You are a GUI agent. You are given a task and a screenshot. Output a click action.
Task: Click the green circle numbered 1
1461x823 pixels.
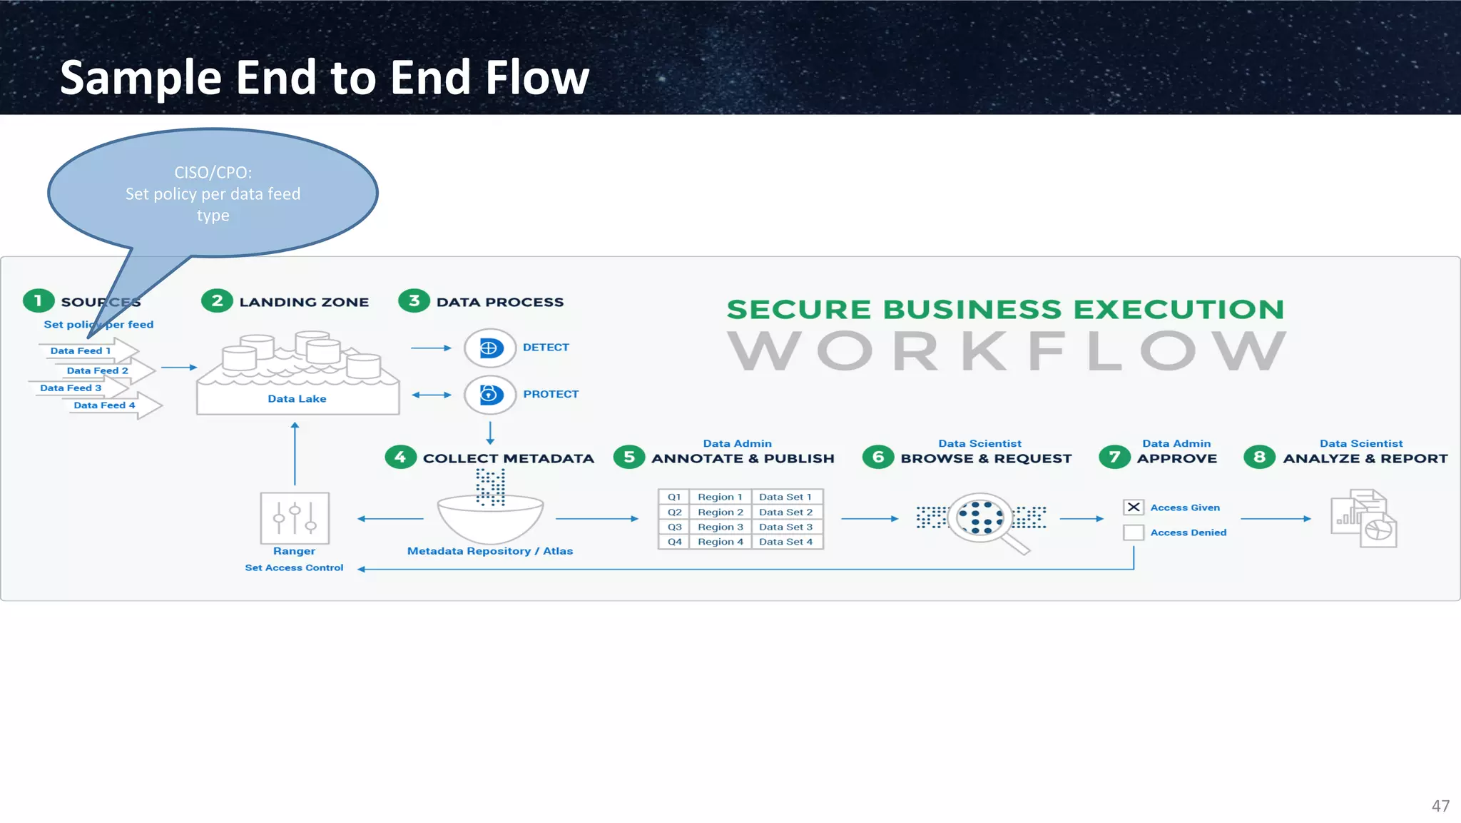click(x=39, y=301)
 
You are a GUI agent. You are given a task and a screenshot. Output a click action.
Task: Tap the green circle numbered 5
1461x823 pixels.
click(x=628, y=457)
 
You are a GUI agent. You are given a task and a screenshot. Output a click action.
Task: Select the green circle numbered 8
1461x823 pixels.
click(x=1259, y=457)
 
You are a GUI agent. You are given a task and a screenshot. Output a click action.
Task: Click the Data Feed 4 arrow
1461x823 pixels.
click(x=114, y=405)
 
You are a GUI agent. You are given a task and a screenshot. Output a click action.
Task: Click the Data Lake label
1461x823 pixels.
click(x=297, y=399)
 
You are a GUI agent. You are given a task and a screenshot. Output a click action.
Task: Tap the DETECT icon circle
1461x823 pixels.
click(x=489, y=348)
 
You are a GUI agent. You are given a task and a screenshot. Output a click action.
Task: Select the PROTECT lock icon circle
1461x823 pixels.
click(x=489, y=394)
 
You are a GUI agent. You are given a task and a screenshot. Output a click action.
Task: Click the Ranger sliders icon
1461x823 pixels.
click(x=295, y=518)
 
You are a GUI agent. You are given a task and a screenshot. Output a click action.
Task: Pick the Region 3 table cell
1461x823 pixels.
click(x=720, y=527)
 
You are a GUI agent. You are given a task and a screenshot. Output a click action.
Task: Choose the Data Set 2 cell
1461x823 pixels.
click(x=785, y=512)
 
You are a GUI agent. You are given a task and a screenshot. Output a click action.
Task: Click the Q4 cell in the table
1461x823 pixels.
click(x=674, y=542)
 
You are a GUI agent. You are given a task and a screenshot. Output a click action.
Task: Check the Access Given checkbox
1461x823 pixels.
click(x=1133, y=508)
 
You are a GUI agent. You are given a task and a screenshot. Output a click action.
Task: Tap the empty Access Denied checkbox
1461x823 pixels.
click(x=1133, y=532)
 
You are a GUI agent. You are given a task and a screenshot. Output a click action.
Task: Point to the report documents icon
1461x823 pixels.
click(x=1363, y=519)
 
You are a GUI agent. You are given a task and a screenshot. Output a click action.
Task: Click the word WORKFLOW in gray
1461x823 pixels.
click(x=1006, y=351)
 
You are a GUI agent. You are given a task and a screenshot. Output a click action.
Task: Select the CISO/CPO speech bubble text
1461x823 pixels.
click(x=213, y=193)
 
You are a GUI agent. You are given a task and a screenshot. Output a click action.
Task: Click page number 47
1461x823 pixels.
click(x=1440, y=806)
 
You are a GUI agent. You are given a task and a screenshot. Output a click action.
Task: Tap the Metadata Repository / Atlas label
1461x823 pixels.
click(x=489, y=551)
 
